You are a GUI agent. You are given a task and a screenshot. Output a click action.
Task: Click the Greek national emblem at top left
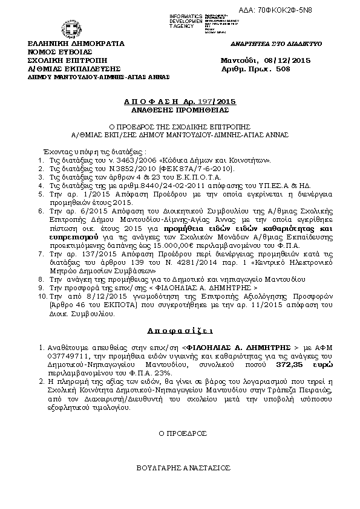pyautogui.click(x=65, y=28)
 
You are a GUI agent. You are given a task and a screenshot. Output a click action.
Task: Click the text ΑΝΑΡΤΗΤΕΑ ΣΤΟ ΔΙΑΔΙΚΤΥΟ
pyautogui.click(x=277, y=45)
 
